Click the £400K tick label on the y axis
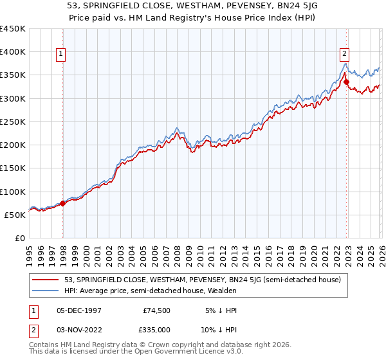point(13,52)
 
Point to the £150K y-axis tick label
point(13,168)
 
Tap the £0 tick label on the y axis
point(20,239)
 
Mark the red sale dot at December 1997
point(62,203)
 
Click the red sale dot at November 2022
point(346,82)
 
